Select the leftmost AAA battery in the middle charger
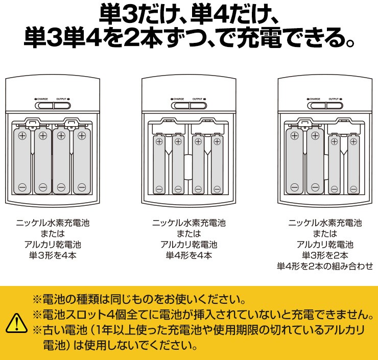point(159,164)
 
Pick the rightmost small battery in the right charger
point(353,164)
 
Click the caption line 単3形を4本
point(53,255)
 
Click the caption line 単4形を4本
point(189,255)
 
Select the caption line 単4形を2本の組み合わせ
point(325,266)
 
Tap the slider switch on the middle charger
point(189,106)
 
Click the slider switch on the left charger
point(53,106)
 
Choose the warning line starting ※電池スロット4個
point(205,313)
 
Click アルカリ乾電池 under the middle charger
point(189,245)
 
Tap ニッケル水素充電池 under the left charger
point(53,223)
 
